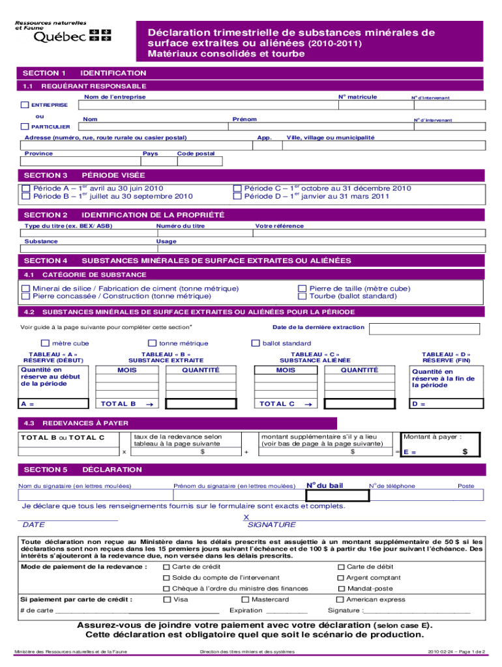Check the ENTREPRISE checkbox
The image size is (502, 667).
(x=25, y=105)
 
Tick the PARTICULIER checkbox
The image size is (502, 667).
(x=25, y=126)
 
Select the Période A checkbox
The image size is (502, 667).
(x=26, y=188)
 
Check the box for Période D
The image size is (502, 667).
(x=237, y=196)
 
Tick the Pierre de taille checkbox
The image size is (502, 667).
(x=302, y=288)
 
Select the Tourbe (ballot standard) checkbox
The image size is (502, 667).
(x=302, y=296)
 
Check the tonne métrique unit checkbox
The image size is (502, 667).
(x=153, y=343)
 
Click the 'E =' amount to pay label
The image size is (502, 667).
(x=410, y=451)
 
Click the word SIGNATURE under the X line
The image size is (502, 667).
(x=272, y=524)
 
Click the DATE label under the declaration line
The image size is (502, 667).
(x=33, y=524)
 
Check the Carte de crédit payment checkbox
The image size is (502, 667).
(x=166, y=567)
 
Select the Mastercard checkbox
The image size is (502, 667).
(x=245, y=599)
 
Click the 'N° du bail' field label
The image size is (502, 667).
(x=324, y=485)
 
